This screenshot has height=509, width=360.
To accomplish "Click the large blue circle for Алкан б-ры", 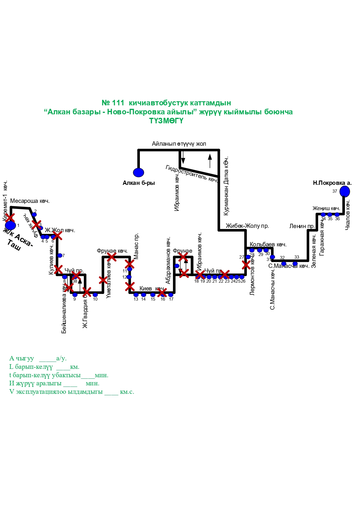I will click(138, 172).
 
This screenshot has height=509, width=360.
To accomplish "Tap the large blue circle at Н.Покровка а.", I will click(345, 192).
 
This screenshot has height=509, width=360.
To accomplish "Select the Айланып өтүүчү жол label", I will click(179, 144).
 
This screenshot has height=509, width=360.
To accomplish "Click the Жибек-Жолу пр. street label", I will click(247, 226).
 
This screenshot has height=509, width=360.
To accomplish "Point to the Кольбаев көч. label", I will click(268, 244).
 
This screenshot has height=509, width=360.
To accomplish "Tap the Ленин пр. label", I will click(302, 226).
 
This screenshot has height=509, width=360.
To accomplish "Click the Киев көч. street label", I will click(152, 288).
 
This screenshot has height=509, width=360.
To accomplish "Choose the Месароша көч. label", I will click(30, 201).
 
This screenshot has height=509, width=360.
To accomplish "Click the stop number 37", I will click(335, 191).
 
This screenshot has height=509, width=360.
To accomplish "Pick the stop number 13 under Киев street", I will click(136, 299).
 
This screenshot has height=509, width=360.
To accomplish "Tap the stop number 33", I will click(296, 257).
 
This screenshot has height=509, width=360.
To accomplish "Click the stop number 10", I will click(95, 299).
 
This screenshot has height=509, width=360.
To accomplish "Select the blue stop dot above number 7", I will click(60, 255).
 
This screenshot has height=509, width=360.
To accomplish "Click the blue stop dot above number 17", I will click(171, 295).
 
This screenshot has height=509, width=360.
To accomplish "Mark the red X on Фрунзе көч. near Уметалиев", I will click(112, 257).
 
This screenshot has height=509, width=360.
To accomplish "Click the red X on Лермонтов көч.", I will click(246, 265).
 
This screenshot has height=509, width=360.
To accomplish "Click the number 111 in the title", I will click(118, 103).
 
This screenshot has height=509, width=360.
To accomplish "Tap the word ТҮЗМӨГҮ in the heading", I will click(166, 121).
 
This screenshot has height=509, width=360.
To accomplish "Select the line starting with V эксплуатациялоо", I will click(72, 392).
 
